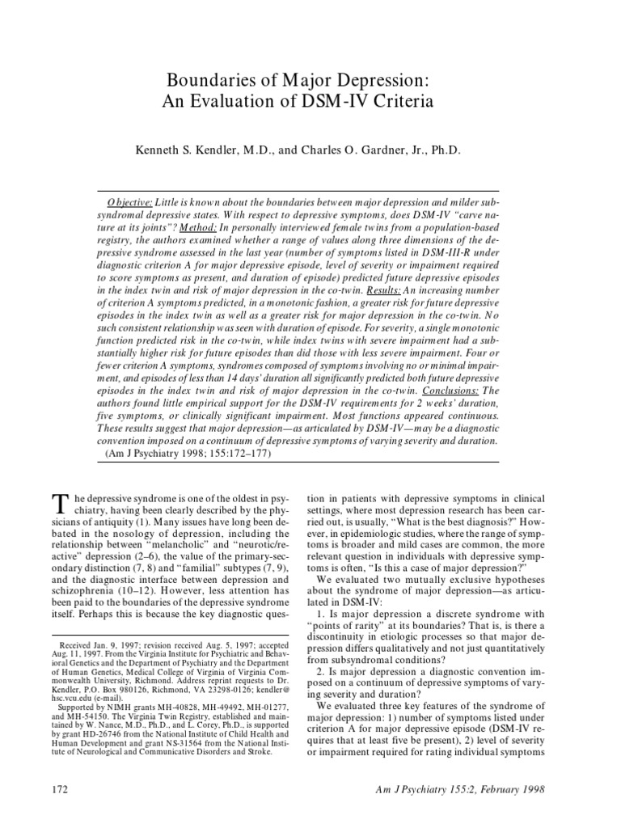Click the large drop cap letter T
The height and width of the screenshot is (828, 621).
58,505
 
